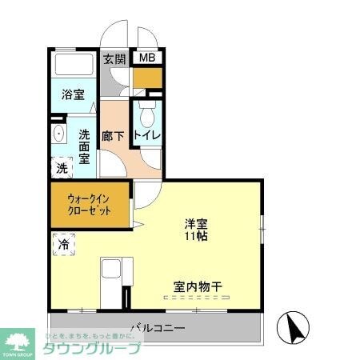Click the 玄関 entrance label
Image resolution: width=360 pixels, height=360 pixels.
pyautogui.click(x=114, y=59)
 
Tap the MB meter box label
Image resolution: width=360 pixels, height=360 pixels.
pyautogui.click(x=148, y=58)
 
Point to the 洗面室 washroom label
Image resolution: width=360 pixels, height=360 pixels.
pyautogui.click(x=84, y=146)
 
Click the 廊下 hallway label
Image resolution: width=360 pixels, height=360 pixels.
pyautogui.click(x=113, y=136)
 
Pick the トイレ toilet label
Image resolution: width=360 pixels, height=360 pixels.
pyautogui.click(x=147, y=136)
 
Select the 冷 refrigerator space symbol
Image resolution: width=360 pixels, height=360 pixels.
pyautogui.click(x=63, y=244)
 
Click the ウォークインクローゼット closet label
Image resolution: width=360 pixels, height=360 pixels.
pyautogui.click(x=88, y=205)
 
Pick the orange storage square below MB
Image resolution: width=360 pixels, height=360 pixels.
pyautogui.click(x=147, y=78)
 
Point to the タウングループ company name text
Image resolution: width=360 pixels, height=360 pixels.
pyautogui.click(x=93, y=349)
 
